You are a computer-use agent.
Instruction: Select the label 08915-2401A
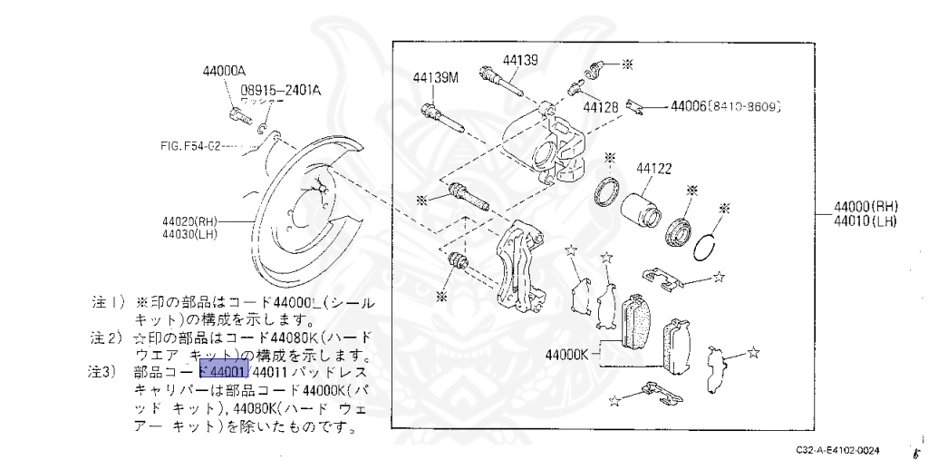pos(281,90)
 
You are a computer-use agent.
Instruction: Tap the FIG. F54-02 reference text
pos(190,145)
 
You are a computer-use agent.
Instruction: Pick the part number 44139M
pos(436,77)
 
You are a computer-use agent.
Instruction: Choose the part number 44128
pos(601,106)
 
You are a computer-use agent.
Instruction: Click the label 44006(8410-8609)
pos(725,106)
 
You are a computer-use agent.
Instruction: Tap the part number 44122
pos(653,168)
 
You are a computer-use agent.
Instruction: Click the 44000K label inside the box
pos(568,354)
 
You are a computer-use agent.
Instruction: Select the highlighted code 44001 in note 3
pos(223,371)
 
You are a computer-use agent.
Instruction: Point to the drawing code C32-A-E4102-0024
pos(839,449)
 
